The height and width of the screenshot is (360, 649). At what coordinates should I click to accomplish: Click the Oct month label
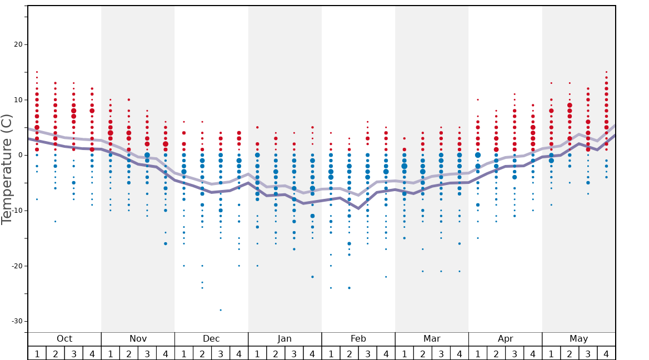[x=64, y=339]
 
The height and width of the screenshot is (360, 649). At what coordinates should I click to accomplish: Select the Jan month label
[x=284, y=339]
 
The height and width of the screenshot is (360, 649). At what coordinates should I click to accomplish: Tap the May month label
[x=578, y=339]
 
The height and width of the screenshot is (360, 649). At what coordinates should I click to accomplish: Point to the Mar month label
[x=432, y=339]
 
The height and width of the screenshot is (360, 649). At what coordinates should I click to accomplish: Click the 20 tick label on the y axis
[x=17, y=44]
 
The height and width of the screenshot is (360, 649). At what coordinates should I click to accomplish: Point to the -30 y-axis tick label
[x=15, y=321]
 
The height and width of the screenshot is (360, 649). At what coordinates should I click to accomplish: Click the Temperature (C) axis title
[x=7, y=169]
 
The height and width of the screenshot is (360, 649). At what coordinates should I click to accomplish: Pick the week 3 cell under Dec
[x=221, y=353]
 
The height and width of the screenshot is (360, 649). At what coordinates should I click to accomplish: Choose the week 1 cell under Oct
[x=37, y=353]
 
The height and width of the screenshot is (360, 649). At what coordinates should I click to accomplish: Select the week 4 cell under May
[x=606, y=353]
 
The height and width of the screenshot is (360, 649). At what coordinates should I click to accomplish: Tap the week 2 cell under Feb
[x=349, y=353]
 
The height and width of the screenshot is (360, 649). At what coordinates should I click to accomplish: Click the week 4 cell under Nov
[x=166, y=353]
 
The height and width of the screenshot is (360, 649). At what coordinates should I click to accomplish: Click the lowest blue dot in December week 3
[x=221, y=310]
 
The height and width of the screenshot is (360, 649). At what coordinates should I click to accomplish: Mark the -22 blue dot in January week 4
[x=312, y=277]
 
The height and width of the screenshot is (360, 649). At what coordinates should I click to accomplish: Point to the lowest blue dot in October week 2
[x=55, y=221]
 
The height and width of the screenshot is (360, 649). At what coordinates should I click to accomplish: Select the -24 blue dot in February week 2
[x=349, y=288]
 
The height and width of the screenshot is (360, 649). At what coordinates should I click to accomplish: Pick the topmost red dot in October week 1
[x=37, y=72]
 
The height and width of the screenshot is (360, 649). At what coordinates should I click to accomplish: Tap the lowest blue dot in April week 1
[x=477, y=238]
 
